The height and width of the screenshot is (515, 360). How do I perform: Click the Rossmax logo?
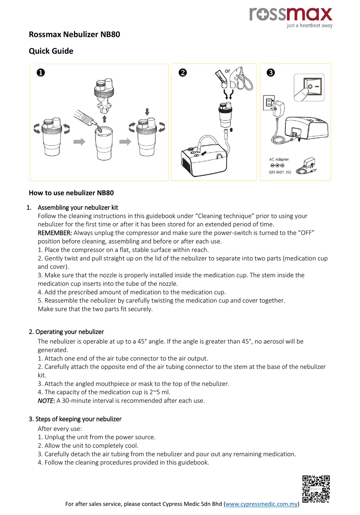(x=291, y=14)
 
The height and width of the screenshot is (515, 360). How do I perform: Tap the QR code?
(x=316, y=489)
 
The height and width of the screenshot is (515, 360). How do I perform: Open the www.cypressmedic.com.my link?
(x=261, y=504)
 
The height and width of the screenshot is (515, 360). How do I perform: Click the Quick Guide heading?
(x=51, y=51)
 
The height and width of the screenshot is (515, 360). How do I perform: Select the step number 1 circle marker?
(x=41, y=72)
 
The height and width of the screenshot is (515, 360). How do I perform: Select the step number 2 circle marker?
(x=183, y=72)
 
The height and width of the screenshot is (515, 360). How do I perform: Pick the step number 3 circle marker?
(x=271, y=72)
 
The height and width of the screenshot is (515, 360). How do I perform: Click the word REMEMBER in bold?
(x=55, y=233)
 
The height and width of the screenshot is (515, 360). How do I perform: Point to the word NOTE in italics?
(x=46, y=401)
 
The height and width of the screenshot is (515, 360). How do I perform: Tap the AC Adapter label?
(x=279, y=159)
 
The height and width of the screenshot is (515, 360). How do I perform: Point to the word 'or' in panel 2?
(x=227, y=71)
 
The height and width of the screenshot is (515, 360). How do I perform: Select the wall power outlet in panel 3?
(x=268, y=103)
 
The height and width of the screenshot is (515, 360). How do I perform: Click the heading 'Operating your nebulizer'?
(x=69, y=332)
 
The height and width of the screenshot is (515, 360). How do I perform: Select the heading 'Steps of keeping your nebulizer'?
(x=78, y=419)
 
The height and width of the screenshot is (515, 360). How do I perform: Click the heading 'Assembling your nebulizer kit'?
(x=78, y=208)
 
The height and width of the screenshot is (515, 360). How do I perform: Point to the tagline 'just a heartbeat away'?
(x=310, y=26)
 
